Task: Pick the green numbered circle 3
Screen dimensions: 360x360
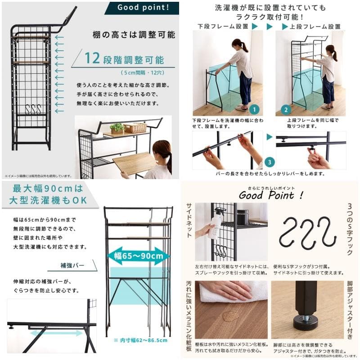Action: (x=269, y=161)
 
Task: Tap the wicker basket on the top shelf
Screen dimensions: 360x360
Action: (x=135, y=128)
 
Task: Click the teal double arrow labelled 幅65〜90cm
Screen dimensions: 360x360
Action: (x=138, y=256)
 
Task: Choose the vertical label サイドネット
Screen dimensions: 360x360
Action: (x=189, y=220)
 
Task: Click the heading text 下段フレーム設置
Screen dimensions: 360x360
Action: (x=223, y=27)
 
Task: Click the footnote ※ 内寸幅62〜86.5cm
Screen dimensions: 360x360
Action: (x=140, y=341)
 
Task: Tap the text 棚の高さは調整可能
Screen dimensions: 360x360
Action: (x=135, y=35)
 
